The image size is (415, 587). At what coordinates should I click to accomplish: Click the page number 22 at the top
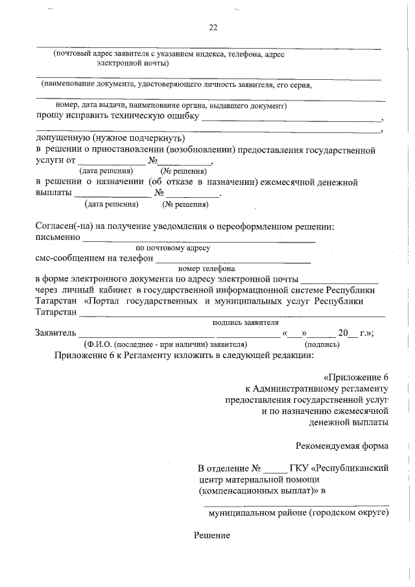213,27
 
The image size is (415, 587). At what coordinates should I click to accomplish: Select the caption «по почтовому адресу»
172,248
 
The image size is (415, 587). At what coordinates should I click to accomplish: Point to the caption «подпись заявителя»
245,322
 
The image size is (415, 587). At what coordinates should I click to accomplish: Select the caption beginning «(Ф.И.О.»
166,344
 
